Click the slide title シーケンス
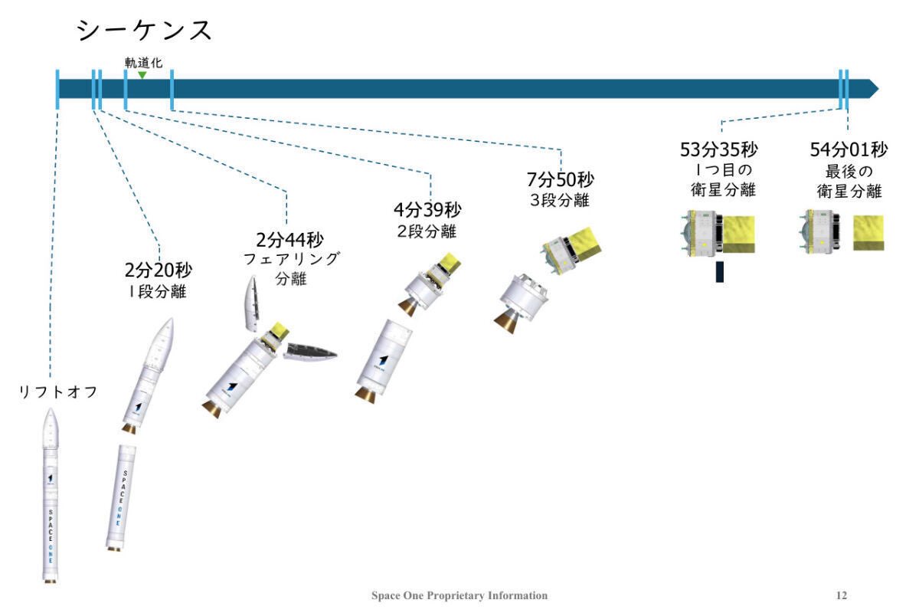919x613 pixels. pos(144,31)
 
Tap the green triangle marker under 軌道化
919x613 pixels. pos(142,74)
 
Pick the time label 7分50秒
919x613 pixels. pos(560,180)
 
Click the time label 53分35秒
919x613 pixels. pos(719,149)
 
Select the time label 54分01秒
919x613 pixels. pos(849,149)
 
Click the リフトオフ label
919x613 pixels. pos(59,393)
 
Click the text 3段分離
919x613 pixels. pos(560,202)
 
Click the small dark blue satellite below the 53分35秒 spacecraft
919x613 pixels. pos(720,271)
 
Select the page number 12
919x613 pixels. pos(842,595)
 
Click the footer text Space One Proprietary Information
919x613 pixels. pos(459,595)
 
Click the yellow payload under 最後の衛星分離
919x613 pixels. pos(868,233)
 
